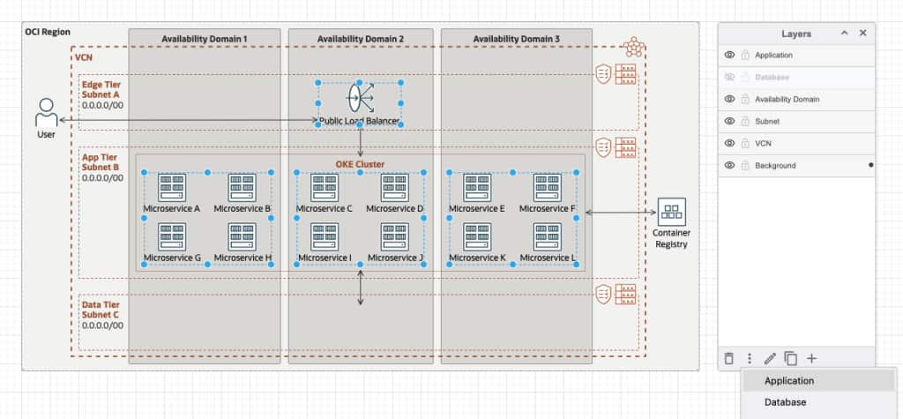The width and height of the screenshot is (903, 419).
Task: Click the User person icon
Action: click(x=46, y=113)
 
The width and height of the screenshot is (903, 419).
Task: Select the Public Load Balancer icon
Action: click(x=359, y=98)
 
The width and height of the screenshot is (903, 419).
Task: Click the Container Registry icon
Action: click(x=672, y=212)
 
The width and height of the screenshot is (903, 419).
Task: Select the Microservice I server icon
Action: click(x=324, y=237)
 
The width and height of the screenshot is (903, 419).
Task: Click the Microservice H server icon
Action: click(x=242, y=237)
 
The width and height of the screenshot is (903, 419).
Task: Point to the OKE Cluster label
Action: click(x=360, y=164)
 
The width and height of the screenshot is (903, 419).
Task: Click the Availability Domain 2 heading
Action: click(x=360, y=39)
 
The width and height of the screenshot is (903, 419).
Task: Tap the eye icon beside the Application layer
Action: click(x=730, y=55)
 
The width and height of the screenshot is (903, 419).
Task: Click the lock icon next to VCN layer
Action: click(x=744, y=143)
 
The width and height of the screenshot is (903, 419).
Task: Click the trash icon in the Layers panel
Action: click(x=728, y=358)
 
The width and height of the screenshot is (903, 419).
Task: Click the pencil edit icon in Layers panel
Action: click(x=770, y=358)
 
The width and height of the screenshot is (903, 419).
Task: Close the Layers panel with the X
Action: click(x=862, y=33)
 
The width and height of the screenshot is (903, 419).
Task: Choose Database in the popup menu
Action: click(x=785, y=402)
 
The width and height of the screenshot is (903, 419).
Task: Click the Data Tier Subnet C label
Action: click(x=100, y=309)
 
